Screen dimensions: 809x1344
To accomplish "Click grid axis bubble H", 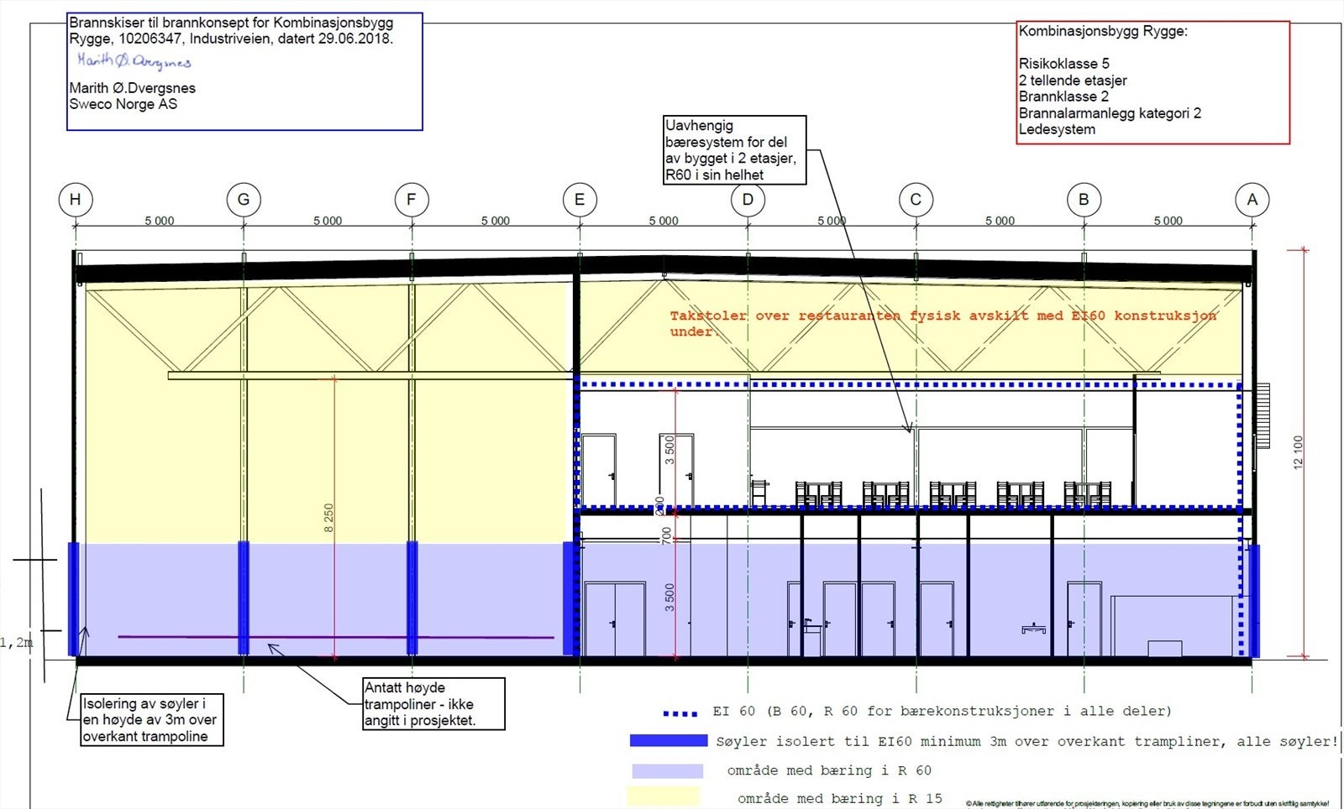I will pos(76,200).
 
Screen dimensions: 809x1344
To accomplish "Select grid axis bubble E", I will pos(580,200).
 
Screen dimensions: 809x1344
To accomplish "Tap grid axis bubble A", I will pos(1252,200).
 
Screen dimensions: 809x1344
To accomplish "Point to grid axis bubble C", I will pos(916,200).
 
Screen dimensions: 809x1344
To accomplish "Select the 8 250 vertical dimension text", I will pos(328,518).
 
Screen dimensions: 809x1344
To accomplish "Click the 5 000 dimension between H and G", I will pos(160,221).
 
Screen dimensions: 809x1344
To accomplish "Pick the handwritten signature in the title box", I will pos(134,61).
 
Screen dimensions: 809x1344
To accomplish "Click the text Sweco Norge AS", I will pos(123,104).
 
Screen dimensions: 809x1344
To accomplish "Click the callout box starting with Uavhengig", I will pos(734,150).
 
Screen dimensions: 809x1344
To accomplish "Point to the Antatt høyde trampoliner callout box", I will pos(433,703).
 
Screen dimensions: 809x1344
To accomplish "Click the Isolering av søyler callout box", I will pos(152,719).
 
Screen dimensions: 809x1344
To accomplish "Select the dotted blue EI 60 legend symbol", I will pos(680,713).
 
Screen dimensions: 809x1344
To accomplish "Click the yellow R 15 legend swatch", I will pos(663,796).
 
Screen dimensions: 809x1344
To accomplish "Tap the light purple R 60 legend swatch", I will pos(667,770).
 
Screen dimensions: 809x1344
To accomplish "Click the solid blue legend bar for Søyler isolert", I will pos(668,741).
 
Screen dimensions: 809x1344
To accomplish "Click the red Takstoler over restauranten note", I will pos(942,322).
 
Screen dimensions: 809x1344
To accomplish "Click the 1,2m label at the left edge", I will pos(17,643).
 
